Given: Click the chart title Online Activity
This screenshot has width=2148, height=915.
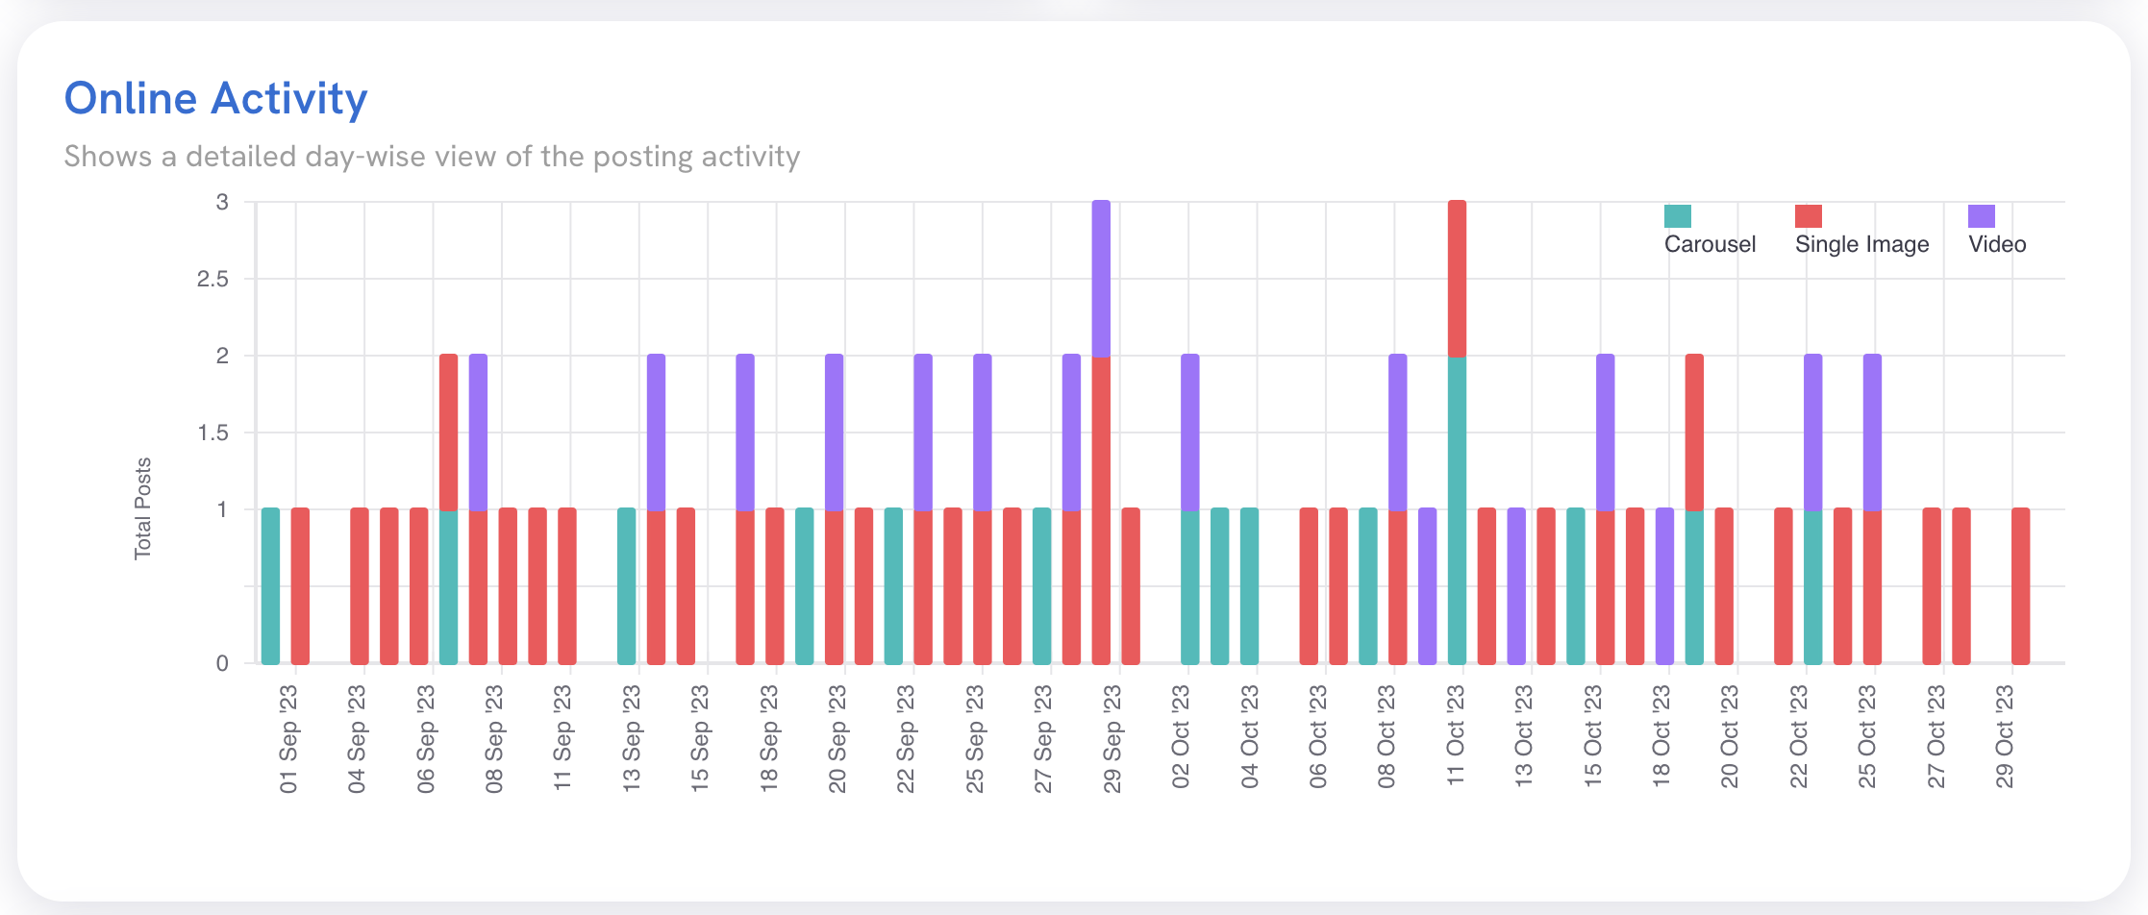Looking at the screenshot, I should [x=215, y=99].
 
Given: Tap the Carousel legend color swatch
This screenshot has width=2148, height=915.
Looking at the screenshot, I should [x=1677, y=216].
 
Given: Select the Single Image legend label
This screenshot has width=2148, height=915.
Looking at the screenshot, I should [x=1861, y=244].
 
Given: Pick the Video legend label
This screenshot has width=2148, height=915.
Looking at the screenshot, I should [x=1997, y=244].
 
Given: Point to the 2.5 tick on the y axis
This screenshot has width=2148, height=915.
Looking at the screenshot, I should [x=212, y=280].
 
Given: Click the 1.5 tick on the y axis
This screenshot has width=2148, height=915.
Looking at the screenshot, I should [x=212, y=433].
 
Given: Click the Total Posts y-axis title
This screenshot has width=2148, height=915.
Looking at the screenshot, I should [x=142, y=508].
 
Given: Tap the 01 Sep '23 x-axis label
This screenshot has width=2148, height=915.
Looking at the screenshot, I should [x=288, y=738].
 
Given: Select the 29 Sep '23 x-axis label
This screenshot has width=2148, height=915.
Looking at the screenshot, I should [x=1112, y=738].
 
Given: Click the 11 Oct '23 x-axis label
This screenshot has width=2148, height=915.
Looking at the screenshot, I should [x=1456, y=738].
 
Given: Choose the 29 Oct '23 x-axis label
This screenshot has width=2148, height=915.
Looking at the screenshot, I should [x=2005, y=738].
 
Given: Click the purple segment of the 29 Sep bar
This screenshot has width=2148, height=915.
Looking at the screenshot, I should [x=1101, y=279].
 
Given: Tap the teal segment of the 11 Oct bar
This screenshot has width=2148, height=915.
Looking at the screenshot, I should [x=1457, y=509].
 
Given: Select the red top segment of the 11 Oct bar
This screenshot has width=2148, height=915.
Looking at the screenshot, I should [x=1457, y=279].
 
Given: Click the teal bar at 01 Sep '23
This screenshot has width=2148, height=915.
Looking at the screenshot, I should [x=270, y=586].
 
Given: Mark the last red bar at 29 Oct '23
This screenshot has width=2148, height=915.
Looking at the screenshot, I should [x=2020, y=586].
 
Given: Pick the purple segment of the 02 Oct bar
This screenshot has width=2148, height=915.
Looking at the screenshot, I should [x=1189, y=433].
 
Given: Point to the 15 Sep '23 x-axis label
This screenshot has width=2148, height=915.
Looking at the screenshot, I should [x=700, y=738].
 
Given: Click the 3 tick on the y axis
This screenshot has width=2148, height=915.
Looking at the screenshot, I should [x=222, y=203].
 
